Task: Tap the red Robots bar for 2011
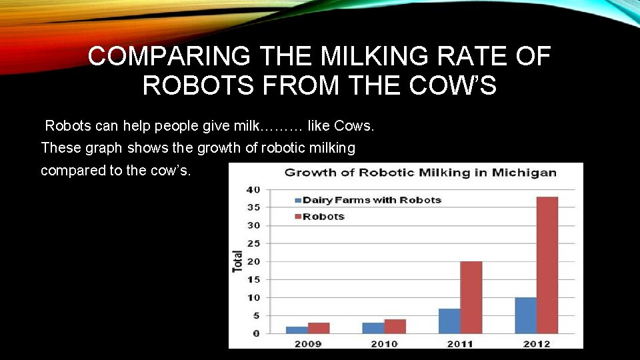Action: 471,297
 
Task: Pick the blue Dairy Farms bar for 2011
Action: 449,321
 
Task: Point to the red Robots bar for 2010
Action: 395,326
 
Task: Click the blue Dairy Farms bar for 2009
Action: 297,329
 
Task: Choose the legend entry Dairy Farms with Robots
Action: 371,200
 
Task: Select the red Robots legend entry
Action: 323,217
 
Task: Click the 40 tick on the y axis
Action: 253,189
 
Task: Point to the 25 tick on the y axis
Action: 253,243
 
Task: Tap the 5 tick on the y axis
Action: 256,315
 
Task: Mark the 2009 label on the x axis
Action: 307,343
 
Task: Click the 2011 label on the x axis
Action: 459,343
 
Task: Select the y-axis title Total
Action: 237,261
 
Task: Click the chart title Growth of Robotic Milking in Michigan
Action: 420,173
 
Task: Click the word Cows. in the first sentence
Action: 359,125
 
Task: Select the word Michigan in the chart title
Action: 525,173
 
